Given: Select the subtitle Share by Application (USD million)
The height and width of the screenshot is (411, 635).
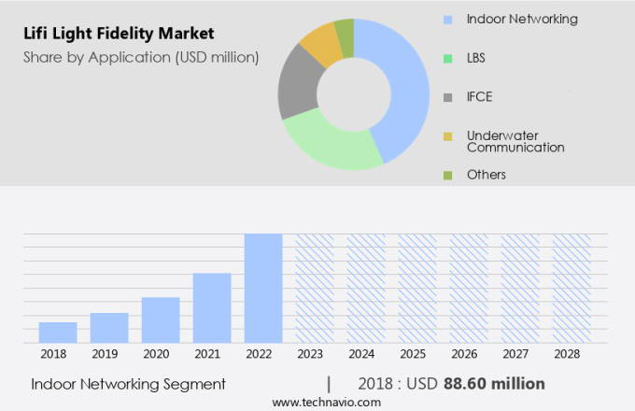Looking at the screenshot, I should (140, 57).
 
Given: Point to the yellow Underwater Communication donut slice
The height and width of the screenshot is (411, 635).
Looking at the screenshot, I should (319, 44).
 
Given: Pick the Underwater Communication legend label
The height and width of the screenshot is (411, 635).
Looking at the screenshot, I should (515, 141).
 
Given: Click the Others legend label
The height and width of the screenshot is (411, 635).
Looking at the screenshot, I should (486, 175).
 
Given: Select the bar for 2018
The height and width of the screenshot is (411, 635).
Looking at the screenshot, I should (58, 333).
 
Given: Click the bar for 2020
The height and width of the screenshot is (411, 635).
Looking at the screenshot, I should (161, 320).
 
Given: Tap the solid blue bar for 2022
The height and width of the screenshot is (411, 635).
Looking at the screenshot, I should (263, 288).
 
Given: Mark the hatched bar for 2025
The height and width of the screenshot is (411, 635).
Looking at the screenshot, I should (417, 288).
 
